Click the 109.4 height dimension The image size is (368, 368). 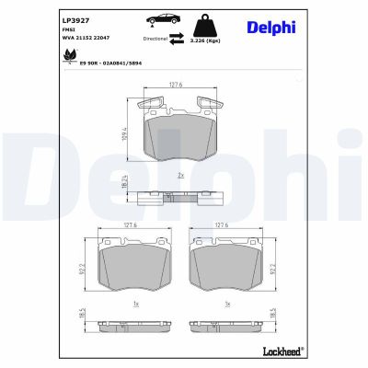tap(123, 133)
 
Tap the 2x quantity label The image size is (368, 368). tap(180, 175)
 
